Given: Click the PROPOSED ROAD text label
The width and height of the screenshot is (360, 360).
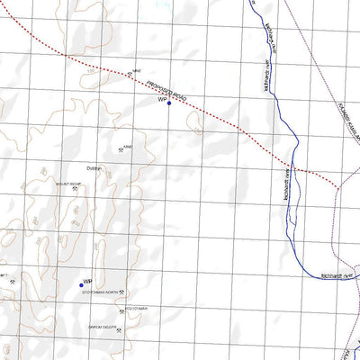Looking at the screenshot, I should point(168,91).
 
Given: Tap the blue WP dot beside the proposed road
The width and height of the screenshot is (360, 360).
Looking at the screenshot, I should point(169,103).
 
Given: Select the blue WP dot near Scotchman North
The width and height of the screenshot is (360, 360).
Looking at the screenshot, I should point(81,285).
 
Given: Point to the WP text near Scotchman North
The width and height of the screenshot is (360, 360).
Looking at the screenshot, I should point(87,281).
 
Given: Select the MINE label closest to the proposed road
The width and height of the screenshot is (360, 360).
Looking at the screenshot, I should point(137,72).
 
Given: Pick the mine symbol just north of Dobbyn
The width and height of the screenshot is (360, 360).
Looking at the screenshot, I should point(120,149).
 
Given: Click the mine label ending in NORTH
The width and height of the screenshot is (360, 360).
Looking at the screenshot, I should point(99,293).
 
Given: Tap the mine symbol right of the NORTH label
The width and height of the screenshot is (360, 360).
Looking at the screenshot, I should point(122,293).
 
